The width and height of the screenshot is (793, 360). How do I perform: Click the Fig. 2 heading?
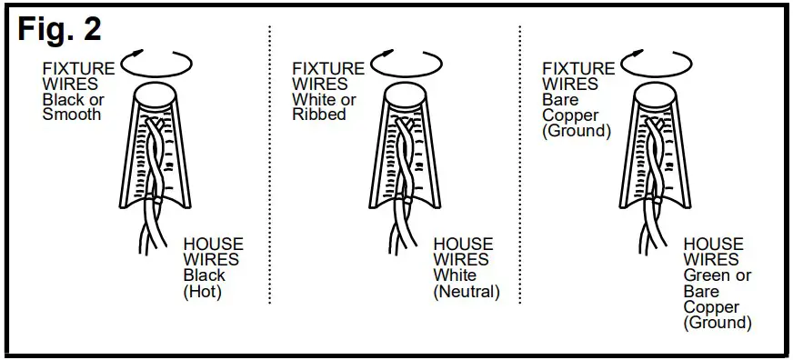[x=59, y=28]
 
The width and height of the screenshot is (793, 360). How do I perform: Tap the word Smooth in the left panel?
[x=72, y=115]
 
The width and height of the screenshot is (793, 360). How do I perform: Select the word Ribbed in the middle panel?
[x=319, y=115]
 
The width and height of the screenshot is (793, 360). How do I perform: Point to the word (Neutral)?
[x=467, y=292]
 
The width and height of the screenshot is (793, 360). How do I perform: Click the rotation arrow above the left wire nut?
[x=156, y=64]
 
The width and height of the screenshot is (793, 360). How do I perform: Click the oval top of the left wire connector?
[x=157, y=95]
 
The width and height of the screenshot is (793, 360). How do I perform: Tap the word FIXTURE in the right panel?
[x=578, y=69]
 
